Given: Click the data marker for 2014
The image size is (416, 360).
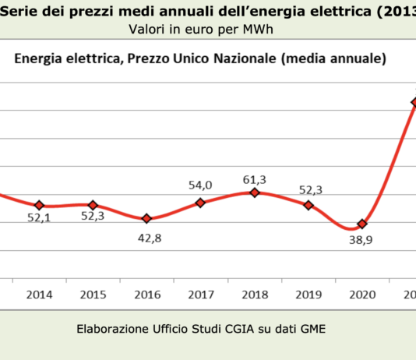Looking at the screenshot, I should [40, 206].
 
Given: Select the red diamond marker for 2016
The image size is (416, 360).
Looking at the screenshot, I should [146, 219].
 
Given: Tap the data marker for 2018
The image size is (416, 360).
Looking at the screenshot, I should [254, 192].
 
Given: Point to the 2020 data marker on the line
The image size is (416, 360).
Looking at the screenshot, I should [361, 224].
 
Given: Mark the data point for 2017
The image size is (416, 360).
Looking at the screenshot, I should [200, 203].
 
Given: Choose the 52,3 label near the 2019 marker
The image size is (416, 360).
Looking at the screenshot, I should [308, 188].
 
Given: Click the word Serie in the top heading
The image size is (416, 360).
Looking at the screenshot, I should [20, 11].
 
